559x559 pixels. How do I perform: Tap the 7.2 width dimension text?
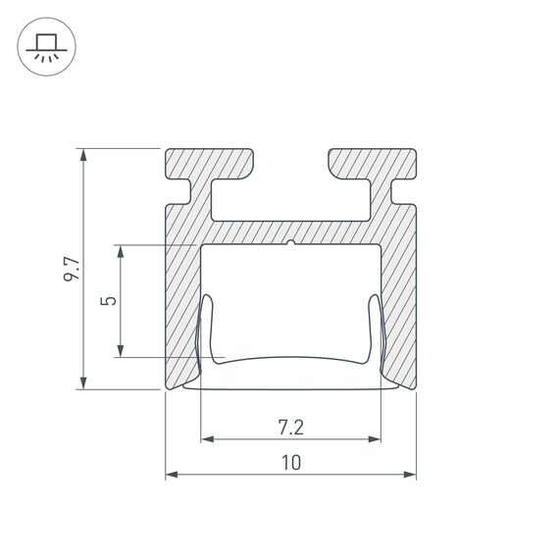(x=290, y=427)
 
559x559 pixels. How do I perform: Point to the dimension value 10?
(x=290, y=462)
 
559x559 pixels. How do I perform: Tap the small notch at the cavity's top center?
(x=291, y=242)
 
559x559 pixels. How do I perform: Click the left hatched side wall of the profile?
(x=182, y=294)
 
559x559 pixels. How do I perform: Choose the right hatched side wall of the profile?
(x=399, y=294)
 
